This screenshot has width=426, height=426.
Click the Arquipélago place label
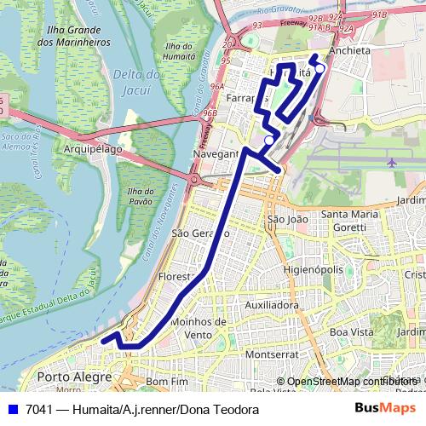[93, 148]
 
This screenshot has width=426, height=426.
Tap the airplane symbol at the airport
[391, 162]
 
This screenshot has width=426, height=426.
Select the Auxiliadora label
[272, 304]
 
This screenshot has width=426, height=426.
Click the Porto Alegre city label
[75, 377]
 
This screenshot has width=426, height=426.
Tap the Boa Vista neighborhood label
[352, 331]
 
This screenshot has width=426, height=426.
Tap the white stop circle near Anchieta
[319, 69]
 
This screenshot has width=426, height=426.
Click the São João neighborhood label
[286, 219]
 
